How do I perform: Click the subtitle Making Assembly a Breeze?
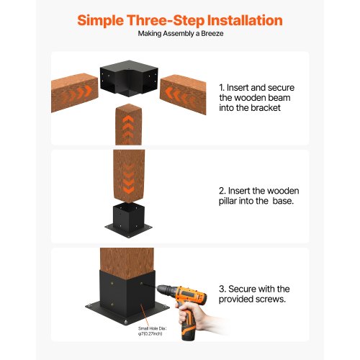tap(179, 34)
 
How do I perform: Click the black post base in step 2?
tap(127, 217)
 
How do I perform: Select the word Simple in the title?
tap(105, 19)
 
